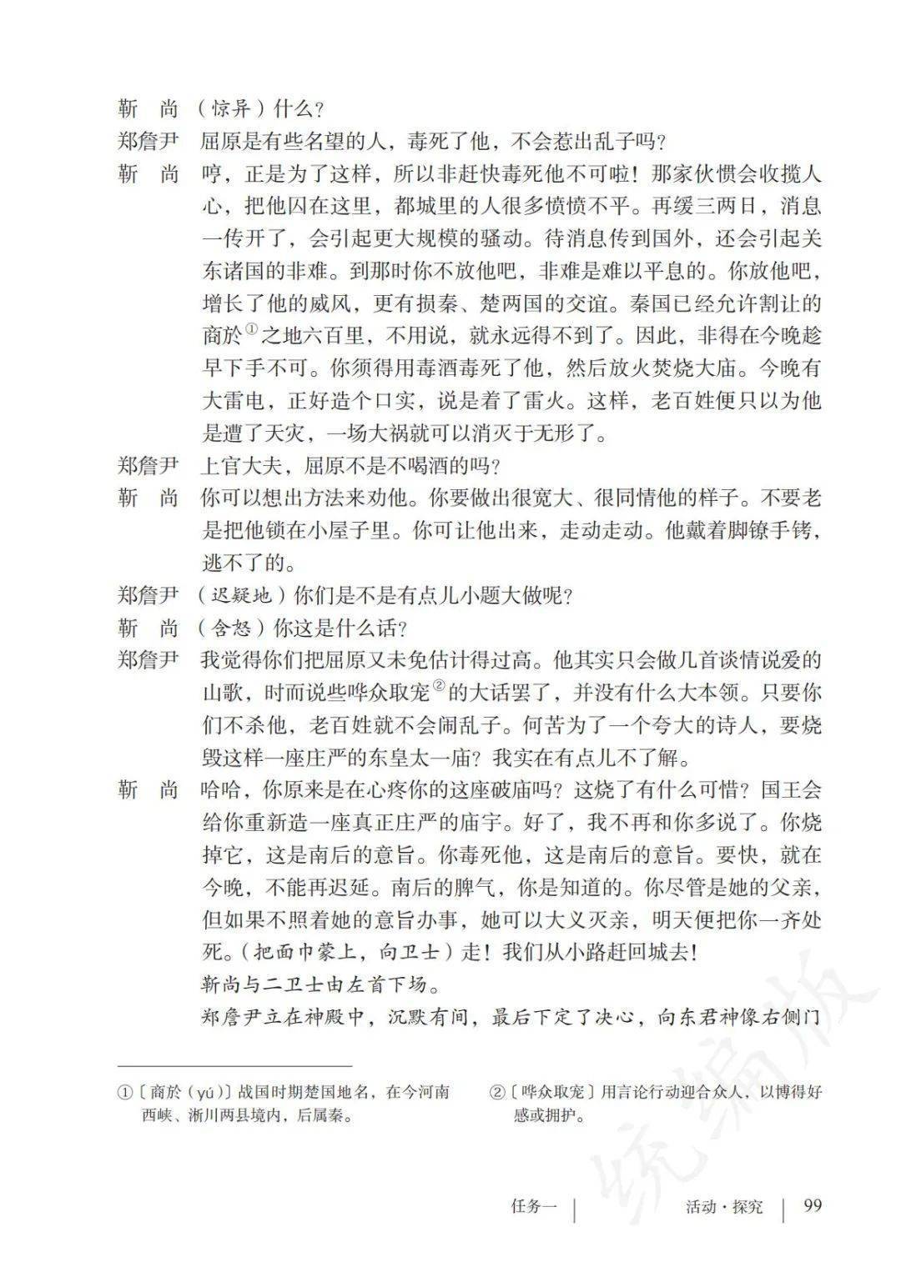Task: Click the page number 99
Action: (x=813, y=1205)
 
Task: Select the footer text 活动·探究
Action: (x=723, y=1206)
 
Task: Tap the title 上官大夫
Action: (x=242, y=465)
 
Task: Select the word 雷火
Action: (x=552, y=401)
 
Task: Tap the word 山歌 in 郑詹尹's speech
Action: (x=222, y=694)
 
